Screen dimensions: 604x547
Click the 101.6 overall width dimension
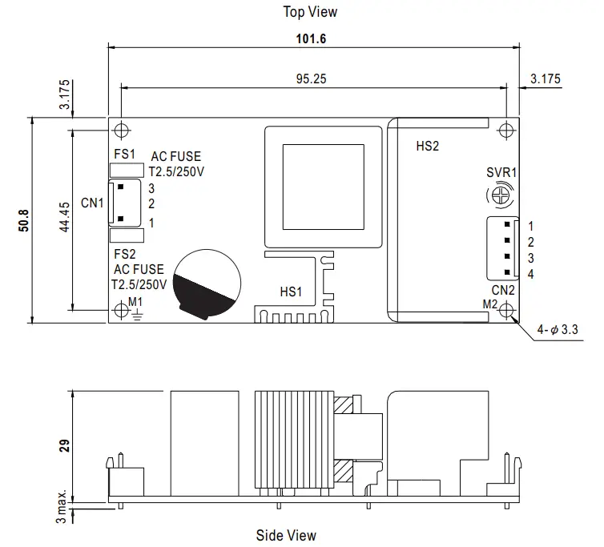(311, 39)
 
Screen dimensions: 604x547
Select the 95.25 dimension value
(311, 79)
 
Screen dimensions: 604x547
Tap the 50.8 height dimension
(23, 220)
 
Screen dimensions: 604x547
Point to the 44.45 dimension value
(65, 217)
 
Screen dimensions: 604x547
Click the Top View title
(310, 12)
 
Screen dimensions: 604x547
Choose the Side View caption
(286, 535)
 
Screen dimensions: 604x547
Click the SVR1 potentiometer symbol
(501, 195)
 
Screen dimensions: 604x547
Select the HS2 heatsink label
(428, 146)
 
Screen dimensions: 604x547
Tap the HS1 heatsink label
(291, 292)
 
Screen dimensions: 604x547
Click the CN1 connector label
(92, 203)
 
